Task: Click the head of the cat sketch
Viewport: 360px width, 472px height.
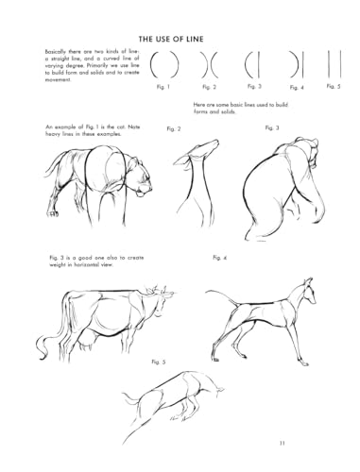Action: coord(139,179)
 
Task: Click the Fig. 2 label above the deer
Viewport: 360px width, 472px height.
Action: coord(174,127)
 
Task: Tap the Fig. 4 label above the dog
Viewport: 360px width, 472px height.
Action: coord(221,257)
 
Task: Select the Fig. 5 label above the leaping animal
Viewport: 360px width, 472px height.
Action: coord(158,362)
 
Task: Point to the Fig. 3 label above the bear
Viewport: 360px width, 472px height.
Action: coord(271,126)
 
